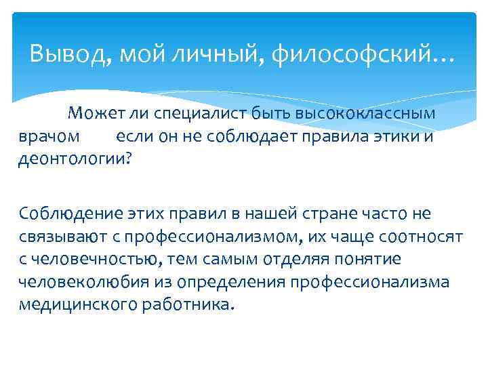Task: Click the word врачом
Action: (x=49, y=136)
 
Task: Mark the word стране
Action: (x=331, y=214)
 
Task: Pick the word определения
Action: (x=235, y=282)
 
